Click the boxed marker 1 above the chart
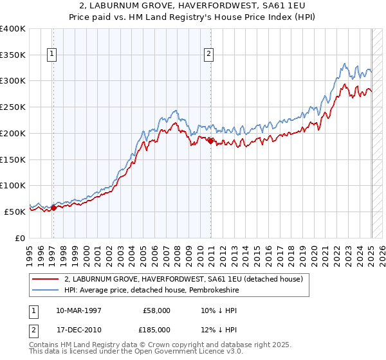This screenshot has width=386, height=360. click(51, 55)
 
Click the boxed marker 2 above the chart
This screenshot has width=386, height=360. click(209, 55)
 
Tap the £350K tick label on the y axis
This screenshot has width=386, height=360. click(13, 55)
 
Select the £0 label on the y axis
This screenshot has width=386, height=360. click(21, 238)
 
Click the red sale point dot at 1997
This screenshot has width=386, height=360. click(54, 207)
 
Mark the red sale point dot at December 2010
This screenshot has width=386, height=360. click(210, 141)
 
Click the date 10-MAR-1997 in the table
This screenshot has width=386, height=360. click(78, 310)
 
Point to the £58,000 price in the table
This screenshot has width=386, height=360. click(155, 310)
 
